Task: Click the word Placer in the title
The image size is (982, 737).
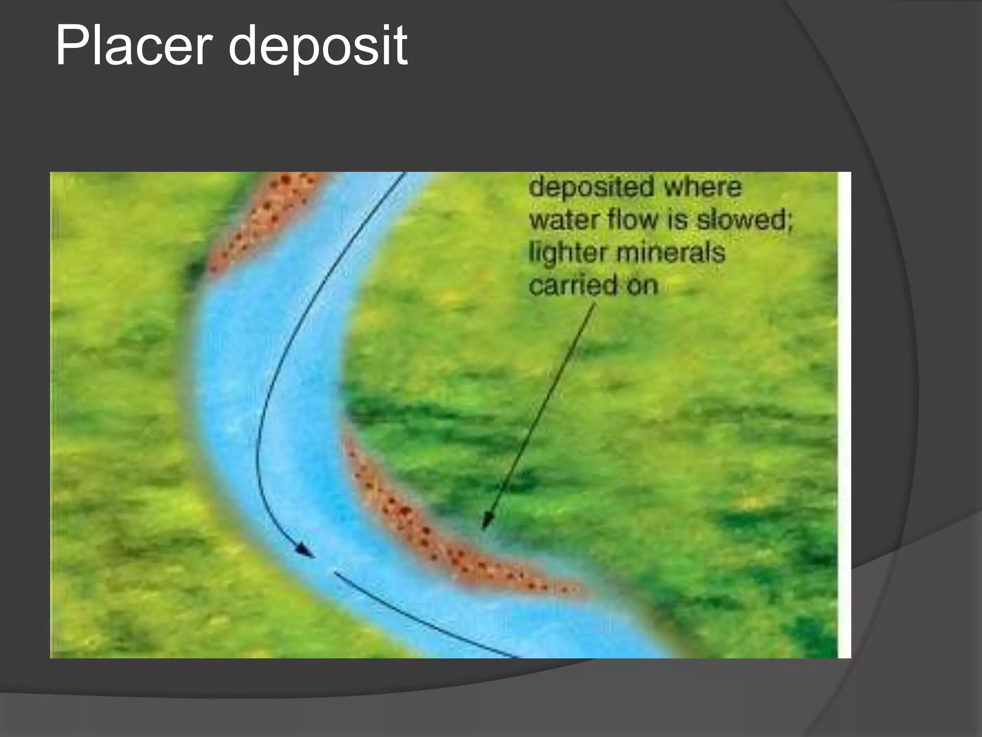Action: [134, 47]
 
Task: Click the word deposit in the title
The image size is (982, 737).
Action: [318, 47]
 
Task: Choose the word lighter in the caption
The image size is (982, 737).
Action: [568, 253]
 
